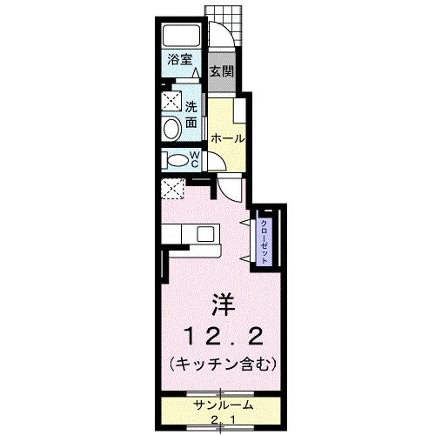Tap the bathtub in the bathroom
182,37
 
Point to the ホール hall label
225,137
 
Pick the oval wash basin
171,129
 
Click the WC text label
196,160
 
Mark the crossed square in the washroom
171,100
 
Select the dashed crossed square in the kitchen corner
171,188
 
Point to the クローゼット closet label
265,238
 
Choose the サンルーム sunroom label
224,405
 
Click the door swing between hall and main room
228,188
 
